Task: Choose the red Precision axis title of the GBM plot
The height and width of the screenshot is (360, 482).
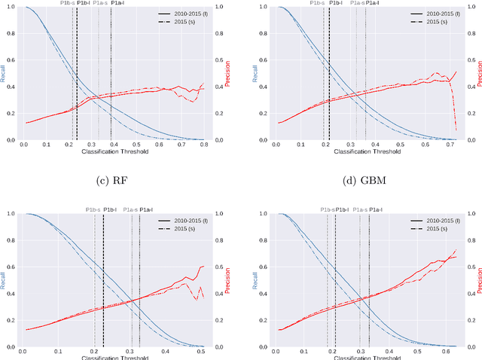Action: [478, 73]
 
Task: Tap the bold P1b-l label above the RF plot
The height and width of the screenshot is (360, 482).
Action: [83, 3]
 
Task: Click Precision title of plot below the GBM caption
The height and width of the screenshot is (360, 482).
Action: [478, 279]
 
